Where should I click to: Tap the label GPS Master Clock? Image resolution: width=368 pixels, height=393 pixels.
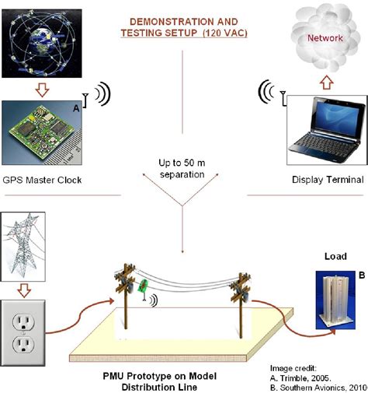[43, 180]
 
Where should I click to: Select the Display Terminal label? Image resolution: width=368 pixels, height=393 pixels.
[327, 180]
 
